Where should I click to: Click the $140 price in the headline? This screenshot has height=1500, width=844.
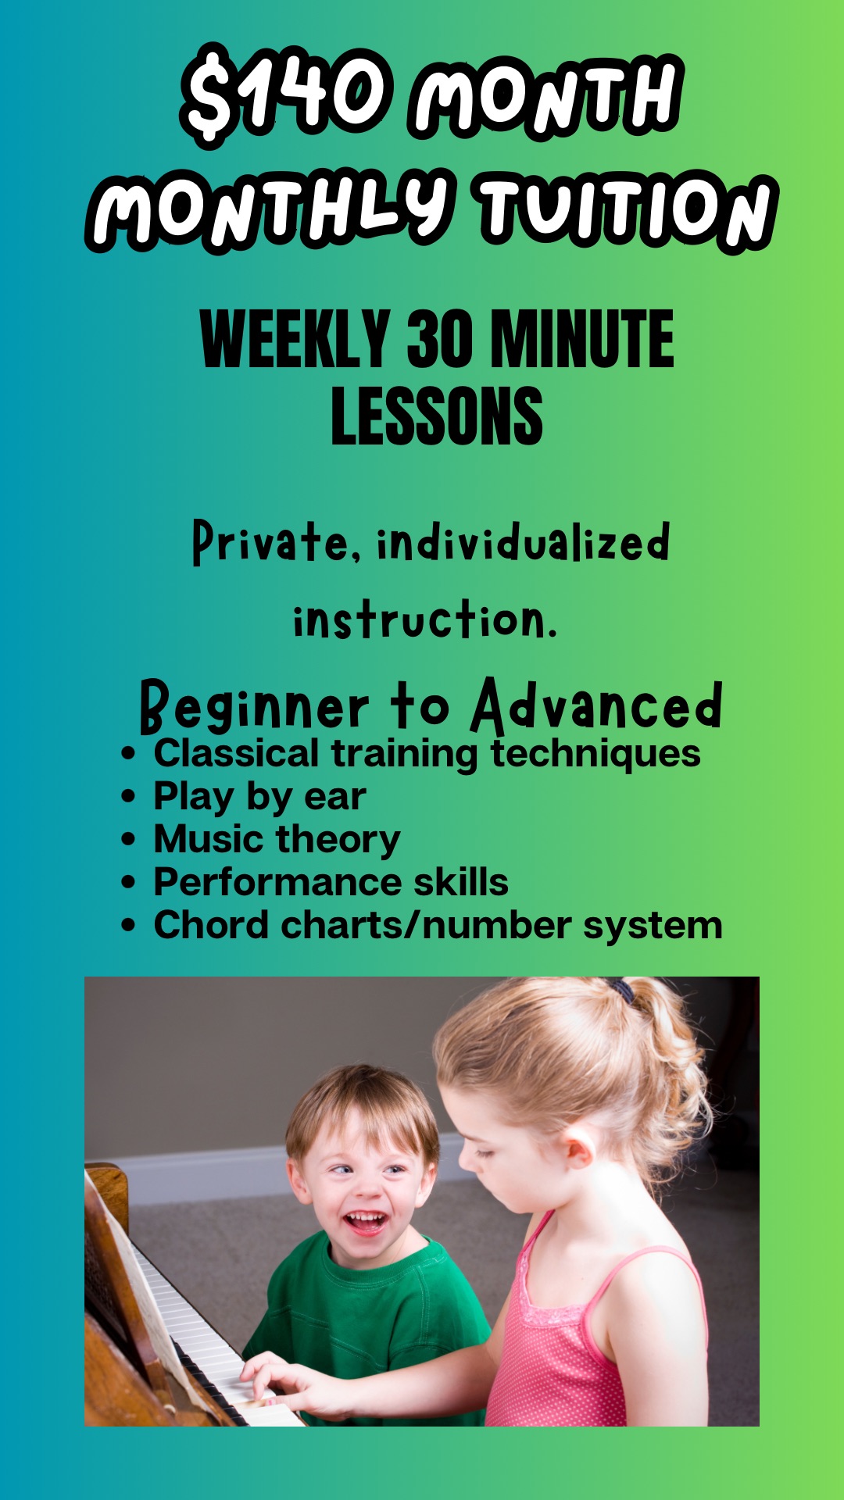285,94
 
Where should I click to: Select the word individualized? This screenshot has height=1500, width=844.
524,541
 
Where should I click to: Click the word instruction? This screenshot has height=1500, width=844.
424,620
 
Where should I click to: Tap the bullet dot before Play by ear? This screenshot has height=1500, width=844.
129,798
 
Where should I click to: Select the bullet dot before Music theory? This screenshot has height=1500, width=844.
129,841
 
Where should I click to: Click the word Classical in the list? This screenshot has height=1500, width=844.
236,754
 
